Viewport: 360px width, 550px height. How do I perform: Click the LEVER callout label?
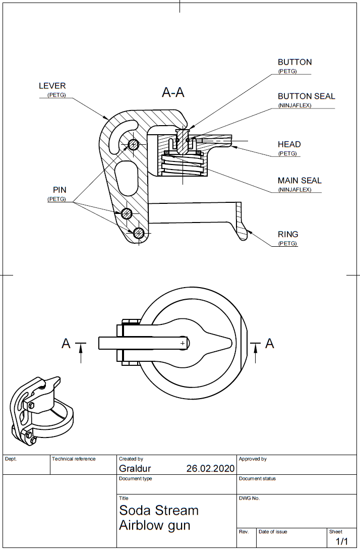coord(52,86)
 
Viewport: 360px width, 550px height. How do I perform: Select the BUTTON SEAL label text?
coord(306,96)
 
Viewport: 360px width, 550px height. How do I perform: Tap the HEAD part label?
coord(289,145)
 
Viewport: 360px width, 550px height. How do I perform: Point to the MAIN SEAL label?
coord(299,181)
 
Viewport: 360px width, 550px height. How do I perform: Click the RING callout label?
coord(288,235)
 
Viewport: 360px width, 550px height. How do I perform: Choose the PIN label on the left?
coord(59,190)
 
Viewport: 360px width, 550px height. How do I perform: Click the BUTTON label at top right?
coord(294,62)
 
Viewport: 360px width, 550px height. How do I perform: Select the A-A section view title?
coord(173,92)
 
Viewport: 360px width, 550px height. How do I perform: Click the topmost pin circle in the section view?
coord(133,145)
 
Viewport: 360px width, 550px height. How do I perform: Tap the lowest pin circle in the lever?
coord(139,233)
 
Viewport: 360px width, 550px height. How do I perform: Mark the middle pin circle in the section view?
coord(127,213)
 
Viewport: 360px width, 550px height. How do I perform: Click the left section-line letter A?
coord(66,344)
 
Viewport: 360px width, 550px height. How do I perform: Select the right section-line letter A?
coord(270,344)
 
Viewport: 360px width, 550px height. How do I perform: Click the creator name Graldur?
coord(135,468)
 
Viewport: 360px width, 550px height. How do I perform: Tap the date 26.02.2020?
coord(210,468)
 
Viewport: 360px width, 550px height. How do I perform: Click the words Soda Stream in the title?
coord(159,511)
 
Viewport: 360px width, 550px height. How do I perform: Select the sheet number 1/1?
coord(342,541)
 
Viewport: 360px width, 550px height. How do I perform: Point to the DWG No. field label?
coord(249,499)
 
